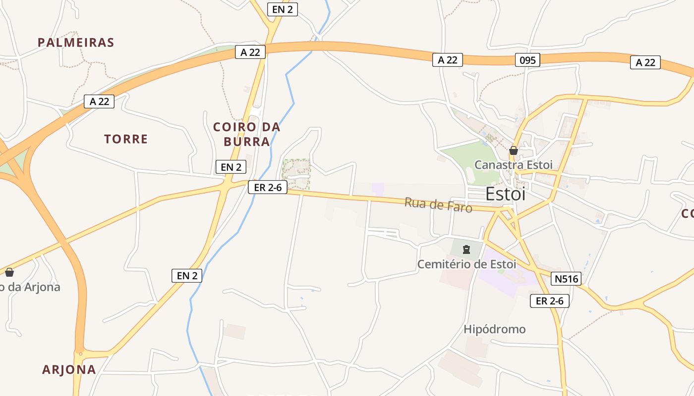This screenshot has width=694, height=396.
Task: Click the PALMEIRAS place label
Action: click(x=76, y=43)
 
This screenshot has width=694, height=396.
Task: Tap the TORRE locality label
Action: click(x=126, y=139)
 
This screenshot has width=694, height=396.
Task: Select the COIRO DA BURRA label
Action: click(x=247, y=134)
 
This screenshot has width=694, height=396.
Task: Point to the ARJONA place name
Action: click(x=69, y=369)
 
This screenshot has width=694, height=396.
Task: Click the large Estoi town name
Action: click(x=505, y=194)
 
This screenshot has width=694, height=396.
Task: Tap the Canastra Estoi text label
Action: click(x=513, y=165)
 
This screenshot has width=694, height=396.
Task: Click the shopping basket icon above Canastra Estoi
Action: click(x=514, y=150)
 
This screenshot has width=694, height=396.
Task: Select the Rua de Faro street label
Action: click(x=438, y=204)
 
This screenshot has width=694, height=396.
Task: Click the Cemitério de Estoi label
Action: click(x=466, y=264)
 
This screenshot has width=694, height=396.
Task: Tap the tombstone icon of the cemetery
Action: click(x=466, y=249)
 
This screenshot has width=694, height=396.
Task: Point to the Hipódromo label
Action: click(x=494, y=329)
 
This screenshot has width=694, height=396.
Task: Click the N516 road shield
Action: click(x=566, y=279)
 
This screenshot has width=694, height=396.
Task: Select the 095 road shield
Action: click(x=527, y=60)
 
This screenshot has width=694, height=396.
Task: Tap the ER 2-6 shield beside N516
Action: click(x=549, y=300)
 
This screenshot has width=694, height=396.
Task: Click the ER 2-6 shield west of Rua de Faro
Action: click(x=268, y=187)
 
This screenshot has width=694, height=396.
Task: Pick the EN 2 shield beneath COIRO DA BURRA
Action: click(x=231, y=167)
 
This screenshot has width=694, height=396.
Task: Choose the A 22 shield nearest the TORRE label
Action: click(x=99, y=101)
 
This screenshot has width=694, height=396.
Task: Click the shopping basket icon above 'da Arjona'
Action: click(x=9, y=272)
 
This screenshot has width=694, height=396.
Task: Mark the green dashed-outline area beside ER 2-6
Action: click(x=296, y=174)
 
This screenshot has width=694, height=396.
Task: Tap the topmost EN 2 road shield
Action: click(x=283, y=9)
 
